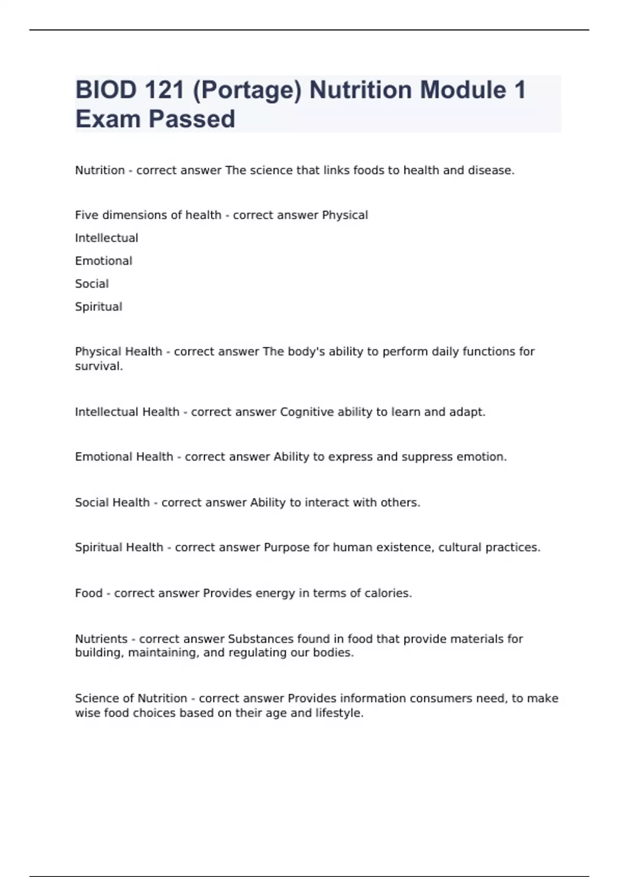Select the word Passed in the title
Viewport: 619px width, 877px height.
coord(192,119)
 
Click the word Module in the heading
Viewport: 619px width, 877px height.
coord(463,90)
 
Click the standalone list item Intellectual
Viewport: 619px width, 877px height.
coord(106,238)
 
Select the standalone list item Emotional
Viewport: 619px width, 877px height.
coord(104,261)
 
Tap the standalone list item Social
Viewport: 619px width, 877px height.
coord(92,284)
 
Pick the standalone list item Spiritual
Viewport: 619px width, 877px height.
coord(99,307)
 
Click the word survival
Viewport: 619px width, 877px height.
coord(99,366)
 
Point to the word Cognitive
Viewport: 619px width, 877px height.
coord(306,412)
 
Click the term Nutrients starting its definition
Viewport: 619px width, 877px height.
coord(101,639)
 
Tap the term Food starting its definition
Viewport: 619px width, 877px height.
coord(89,593)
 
